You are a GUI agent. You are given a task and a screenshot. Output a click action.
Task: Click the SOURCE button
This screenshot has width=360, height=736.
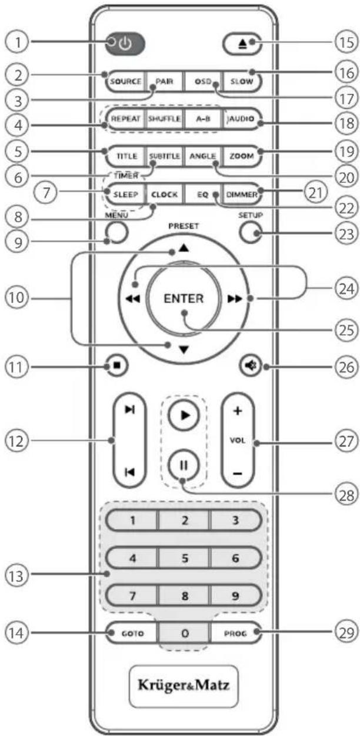[x=124, y=81]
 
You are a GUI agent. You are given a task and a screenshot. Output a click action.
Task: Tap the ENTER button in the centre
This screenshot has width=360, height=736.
[x=184, y=298]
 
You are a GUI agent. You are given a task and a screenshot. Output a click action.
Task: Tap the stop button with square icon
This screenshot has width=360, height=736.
[x=117, y=365]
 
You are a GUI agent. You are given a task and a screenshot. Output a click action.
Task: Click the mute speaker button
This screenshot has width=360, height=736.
[x=250, y=365]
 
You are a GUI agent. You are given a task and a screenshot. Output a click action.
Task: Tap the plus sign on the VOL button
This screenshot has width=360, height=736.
[x=238, y=412]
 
